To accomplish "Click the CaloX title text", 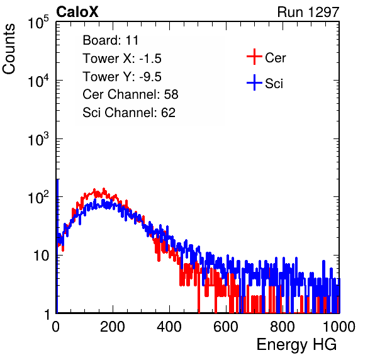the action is (77, 12).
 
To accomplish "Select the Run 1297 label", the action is (308, 12).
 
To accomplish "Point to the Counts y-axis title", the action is (9, 49).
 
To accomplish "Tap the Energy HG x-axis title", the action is (296, 345).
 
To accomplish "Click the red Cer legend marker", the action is (254, 57).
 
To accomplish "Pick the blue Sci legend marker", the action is (254, 82).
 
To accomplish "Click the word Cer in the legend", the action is (275, 58).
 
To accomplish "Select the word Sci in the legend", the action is (274, 84).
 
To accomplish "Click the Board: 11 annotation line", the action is (111, 40).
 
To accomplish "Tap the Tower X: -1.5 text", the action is (122, 59).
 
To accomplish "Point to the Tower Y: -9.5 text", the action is (122, 77).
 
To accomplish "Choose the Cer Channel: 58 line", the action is (130, 94).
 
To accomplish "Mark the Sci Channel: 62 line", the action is (129, 113).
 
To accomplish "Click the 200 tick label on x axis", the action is (113, 327).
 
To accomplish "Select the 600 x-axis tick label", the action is (226, 327).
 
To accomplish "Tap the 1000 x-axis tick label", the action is (339, 327).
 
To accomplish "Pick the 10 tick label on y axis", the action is (42, 256).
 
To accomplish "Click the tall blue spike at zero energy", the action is (57, 246).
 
